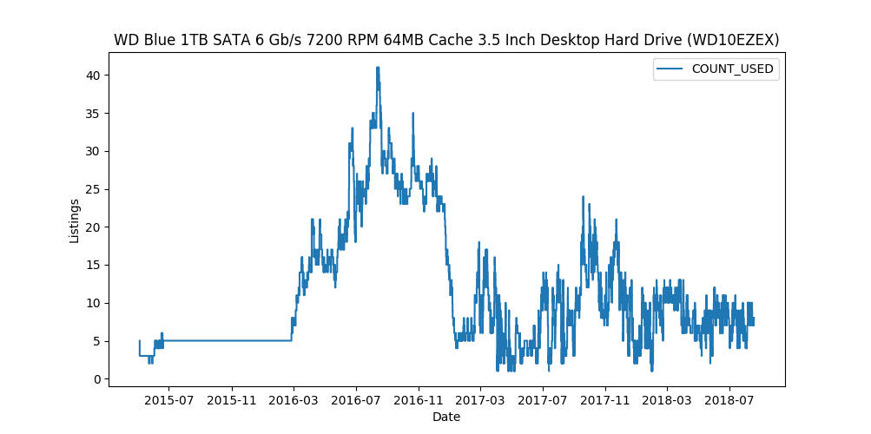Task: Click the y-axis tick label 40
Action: [x=91, y=76]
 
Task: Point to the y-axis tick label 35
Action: [x=91, y=114]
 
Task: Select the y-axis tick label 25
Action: [x=91, y=189]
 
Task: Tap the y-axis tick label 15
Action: [x=91, y=266]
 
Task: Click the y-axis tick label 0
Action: [x=95, y=379]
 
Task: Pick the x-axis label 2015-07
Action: [x=168, y=400]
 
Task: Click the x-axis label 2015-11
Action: [x=232, y=400]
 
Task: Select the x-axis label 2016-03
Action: [x=294, y=400]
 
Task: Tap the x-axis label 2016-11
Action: [x=419, y=400]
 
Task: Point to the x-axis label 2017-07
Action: [x=543, y=400]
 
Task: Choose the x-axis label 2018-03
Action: [x=666, y=400]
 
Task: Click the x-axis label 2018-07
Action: [x=729, y=400]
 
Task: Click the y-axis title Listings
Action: [x=75, y=220]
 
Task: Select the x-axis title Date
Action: [x=446, y=417]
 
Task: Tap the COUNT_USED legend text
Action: [x=732, y=69]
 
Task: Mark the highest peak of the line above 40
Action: [x=378, y=68]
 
